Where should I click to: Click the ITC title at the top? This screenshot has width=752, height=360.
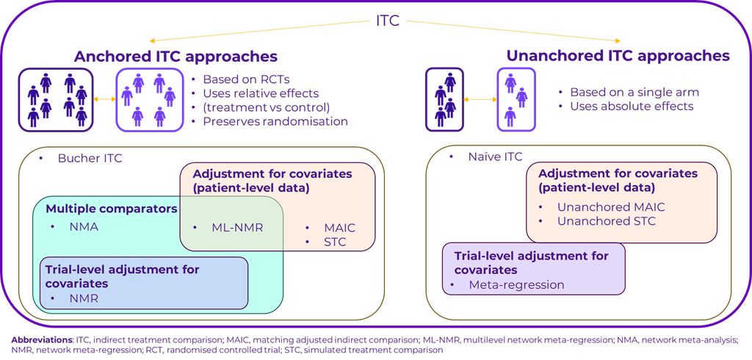387,20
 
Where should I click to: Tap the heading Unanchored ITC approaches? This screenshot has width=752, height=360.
618,56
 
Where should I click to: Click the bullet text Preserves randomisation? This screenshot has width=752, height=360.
275,121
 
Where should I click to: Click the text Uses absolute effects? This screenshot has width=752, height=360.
632,107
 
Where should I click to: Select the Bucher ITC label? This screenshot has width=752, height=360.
90,158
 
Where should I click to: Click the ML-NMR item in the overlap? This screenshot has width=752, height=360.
237,227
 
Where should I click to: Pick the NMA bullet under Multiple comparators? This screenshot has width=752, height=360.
84,227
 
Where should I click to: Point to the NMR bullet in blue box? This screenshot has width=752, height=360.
83,299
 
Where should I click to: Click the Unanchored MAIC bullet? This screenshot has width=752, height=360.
610,207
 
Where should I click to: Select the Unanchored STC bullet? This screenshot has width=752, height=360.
606,221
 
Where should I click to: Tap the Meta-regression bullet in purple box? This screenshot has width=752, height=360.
516,284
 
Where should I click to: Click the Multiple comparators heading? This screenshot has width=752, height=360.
111,209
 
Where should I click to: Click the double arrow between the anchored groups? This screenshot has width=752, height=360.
104,99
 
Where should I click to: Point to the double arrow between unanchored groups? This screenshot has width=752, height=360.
480,99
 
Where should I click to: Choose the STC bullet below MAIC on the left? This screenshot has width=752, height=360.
335,242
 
